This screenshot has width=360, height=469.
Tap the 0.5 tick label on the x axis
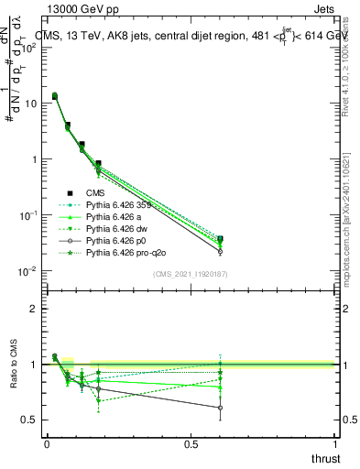[x=191, y=443]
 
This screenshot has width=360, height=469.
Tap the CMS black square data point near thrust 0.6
[x=220, y=239]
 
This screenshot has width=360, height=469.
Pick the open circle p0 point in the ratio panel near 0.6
[x=220, y=408]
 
